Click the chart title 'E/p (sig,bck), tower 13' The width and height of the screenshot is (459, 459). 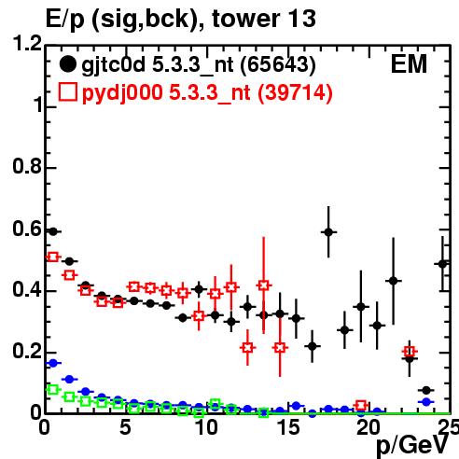pyautogui.click(x=181, y=20)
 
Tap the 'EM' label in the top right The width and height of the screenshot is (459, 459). pyautogui.click(x=409, y=64)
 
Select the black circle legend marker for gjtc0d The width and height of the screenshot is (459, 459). pyautogui.click(x=67, y=64)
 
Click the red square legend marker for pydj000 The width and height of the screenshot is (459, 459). pyautogui.click(x=67, y=92)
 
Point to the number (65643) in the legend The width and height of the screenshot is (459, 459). pyautogui.click(x=278, y=65)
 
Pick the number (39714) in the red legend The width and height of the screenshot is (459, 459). pyautogui.click(x=295, y=92)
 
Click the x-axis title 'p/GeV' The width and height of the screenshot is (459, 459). pyautogui.click(x=412, y=446)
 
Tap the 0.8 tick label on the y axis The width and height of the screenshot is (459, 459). pyautogui.click(x=27, y=166)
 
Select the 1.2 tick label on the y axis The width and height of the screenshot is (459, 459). pyautogui.click(x=27, y=43)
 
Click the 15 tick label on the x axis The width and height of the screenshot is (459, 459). pyautogui.click(x=288, y=427)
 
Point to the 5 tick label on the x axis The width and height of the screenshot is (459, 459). pyautogui.click(x=125, y=427)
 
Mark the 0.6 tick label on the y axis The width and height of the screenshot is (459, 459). pyautogui.click(x=27, y=229)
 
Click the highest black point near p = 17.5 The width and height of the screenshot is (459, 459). pyautogui.click(x=328, y=232)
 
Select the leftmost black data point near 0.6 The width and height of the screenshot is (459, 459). pyautogui.click(x=53, y=231)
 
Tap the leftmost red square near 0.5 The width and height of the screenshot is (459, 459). pyautogui.click(x=53, y=257)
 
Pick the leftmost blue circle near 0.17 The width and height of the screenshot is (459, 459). pyautogui.click(x=53, y=363)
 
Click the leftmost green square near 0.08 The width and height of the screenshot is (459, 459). pyautogui.click(x=53, y=389)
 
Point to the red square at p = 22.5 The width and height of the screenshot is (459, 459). pyautogui.click(x=410, y=352)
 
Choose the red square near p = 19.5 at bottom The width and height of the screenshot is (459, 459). pyautogui.click(x=361, y=406)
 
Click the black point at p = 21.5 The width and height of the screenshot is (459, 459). pyautogui.click(x=394, y=281)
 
